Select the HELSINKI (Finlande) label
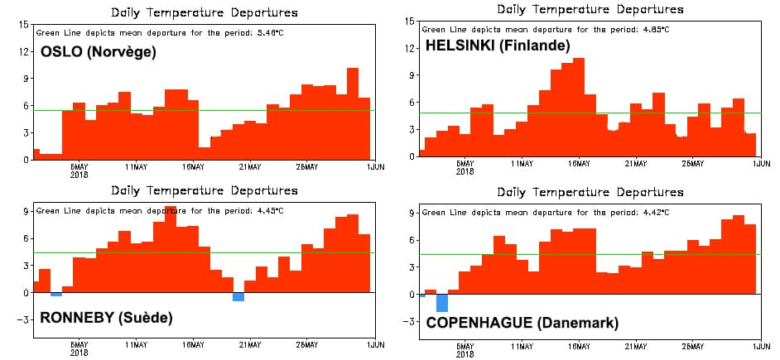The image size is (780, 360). point(498,46)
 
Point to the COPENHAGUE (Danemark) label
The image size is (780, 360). point(522,322)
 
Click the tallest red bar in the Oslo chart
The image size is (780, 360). point(352,113)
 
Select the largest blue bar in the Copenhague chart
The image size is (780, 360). point(442,303)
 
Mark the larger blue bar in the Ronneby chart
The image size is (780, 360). point(238,296)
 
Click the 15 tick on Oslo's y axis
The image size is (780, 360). point(23,24)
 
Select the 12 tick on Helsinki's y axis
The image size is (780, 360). point(410,48)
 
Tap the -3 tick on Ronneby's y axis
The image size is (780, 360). point(23,319)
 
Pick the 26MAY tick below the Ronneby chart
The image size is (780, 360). point(306,344)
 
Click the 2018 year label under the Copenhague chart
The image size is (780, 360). point(465,354)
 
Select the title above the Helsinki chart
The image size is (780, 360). point(590,9)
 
